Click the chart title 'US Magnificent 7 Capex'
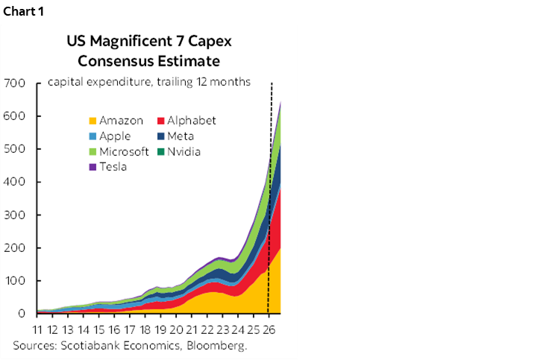coord(149,42)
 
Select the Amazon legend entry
coord(115,121)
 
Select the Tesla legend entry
coord(107,167)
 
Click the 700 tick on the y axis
coord(15,83)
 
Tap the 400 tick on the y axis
coord(15,182)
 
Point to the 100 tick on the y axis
coord(15,281)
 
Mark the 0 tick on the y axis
coord(22,314)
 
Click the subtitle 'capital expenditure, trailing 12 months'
coord(149,82)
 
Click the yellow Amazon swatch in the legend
coord(92,121)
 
